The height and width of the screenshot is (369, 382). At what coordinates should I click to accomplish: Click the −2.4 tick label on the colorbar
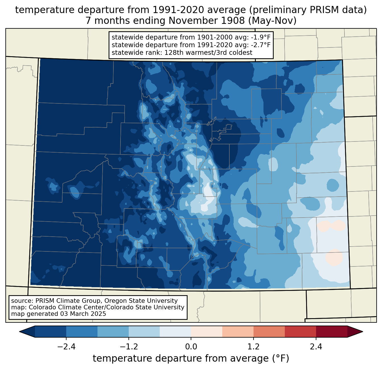66,347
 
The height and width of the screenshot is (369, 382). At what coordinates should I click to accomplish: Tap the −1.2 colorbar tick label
128,347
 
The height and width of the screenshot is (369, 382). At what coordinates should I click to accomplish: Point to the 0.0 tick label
191,347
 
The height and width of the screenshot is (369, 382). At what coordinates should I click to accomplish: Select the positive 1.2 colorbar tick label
254,347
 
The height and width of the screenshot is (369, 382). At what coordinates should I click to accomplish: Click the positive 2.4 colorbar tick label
316,347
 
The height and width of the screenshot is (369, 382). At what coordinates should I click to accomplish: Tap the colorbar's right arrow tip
362,332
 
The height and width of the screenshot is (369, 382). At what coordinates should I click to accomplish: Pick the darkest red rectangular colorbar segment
331,332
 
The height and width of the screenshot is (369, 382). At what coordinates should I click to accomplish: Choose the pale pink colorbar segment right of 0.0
207,332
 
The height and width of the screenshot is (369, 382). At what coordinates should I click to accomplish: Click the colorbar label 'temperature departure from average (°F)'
191,358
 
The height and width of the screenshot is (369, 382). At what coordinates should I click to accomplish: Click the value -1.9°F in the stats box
261,37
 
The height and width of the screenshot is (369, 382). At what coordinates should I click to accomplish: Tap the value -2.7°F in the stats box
261,45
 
